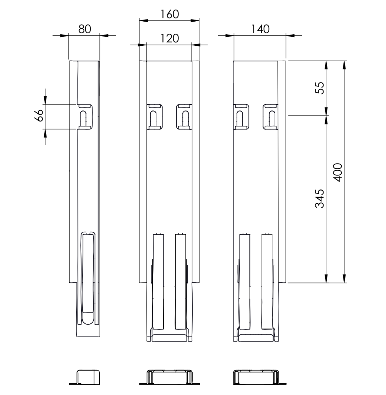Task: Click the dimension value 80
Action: [84, 29]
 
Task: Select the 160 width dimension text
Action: [170, 14]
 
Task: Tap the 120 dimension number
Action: [170, 39]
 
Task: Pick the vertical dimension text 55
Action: [320, 88]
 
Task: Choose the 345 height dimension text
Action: [320, 198]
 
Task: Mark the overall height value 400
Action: [338, 172]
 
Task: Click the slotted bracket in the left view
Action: [85, 117]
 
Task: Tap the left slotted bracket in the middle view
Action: [155, 117]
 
